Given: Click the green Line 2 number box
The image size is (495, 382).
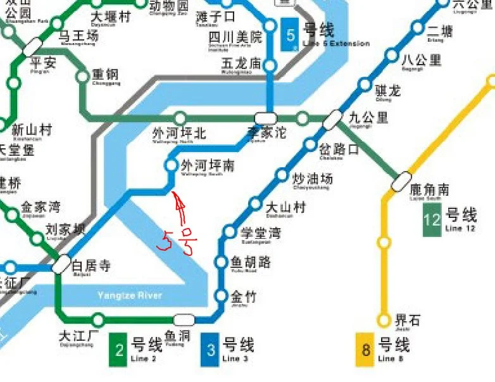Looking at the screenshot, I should click(118, 349).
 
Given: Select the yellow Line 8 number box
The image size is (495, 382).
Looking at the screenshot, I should click(365, 349).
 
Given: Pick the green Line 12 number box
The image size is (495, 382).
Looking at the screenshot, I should click(432, 219).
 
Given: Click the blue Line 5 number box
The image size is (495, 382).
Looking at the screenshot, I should click(291, 36).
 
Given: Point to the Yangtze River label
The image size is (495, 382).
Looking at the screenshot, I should click(129, 295).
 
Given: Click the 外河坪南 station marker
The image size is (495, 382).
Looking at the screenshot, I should click(171, 165).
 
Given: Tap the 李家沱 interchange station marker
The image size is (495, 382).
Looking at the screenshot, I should click(265, 118).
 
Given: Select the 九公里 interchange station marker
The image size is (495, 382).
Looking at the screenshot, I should click(332, 119).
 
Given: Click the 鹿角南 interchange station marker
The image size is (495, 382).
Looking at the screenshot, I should click(401, 182).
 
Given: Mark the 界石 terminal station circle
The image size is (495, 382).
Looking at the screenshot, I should click(384, 320).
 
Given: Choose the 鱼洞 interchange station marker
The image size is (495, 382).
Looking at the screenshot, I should click(184, 319).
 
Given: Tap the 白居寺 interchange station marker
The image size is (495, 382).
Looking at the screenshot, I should click(61, 264).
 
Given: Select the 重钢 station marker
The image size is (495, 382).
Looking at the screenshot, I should click(82, 77).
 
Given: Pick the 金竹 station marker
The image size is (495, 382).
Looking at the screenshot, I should click(221, 295).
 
